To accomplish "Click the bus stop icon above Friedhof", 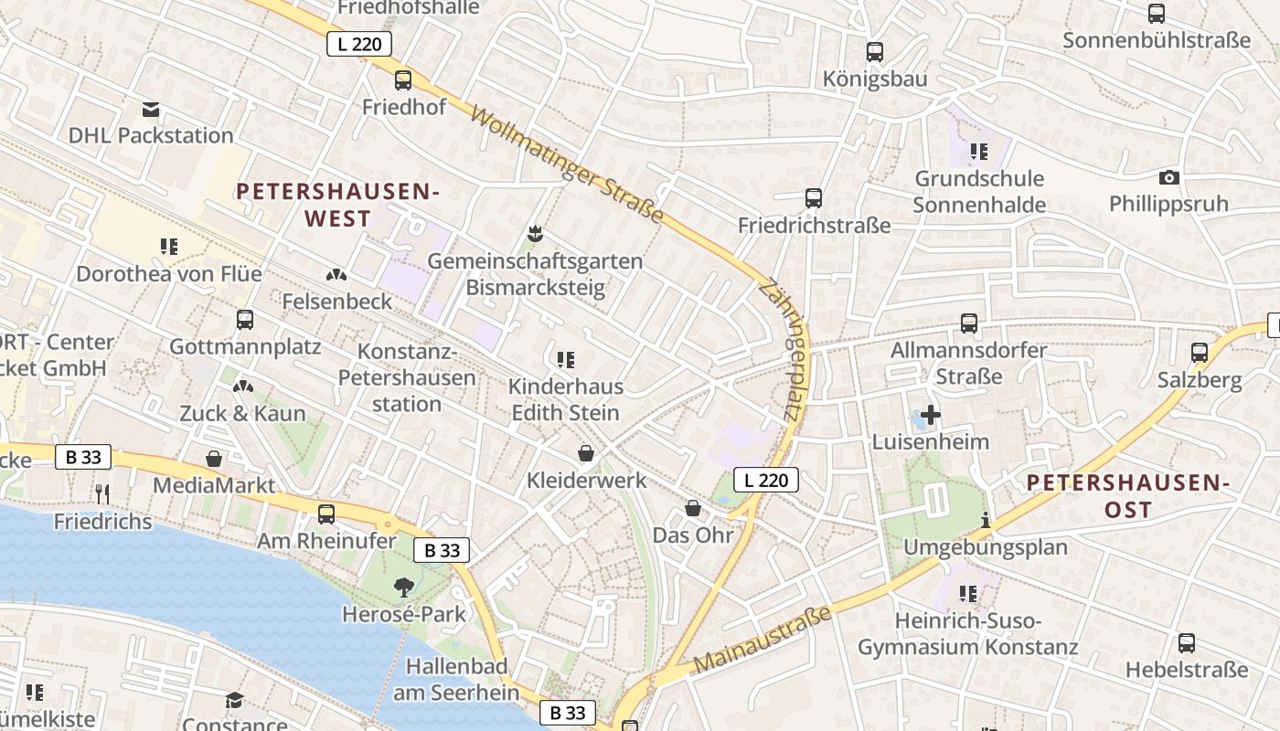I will tap(403, 79).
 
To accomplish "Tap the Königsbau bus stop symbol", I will tap(875, 51).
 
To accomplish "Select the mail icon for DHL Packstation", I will tap(151, 110).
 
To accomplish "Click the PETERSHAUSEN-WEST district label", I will tap(338, 205).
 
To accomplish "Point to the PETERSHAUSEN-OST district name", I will tap(1127, 495).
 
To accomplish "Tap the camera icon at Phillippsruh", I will tap(1168, 177).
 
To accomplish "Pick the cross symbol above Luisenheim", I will tap(931, 416).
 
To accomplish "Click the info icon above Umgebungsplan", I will tap(986, 521).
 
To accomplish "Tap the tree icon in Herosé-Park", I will tap(404, 587).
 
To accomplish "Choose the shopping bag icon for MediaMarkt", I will tap(214, 459).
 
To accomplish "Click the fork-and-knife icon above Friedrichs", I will tap(102, 494).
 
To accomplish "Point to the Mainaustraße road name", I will tap(763, 639).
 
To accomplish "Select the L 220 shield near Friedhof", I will tap(359, 44).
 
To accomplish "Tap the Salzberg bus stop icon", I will tap(1200, 352).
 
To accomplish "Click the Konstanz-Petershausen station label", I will tap(407, 377).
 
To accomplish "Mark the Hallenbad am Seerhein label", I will tap(456, 679).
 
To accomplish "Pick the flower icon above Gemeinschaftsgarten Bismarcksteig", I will tap(535, 234).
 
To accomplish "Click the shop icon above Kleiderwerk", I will tap(586, 452).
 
